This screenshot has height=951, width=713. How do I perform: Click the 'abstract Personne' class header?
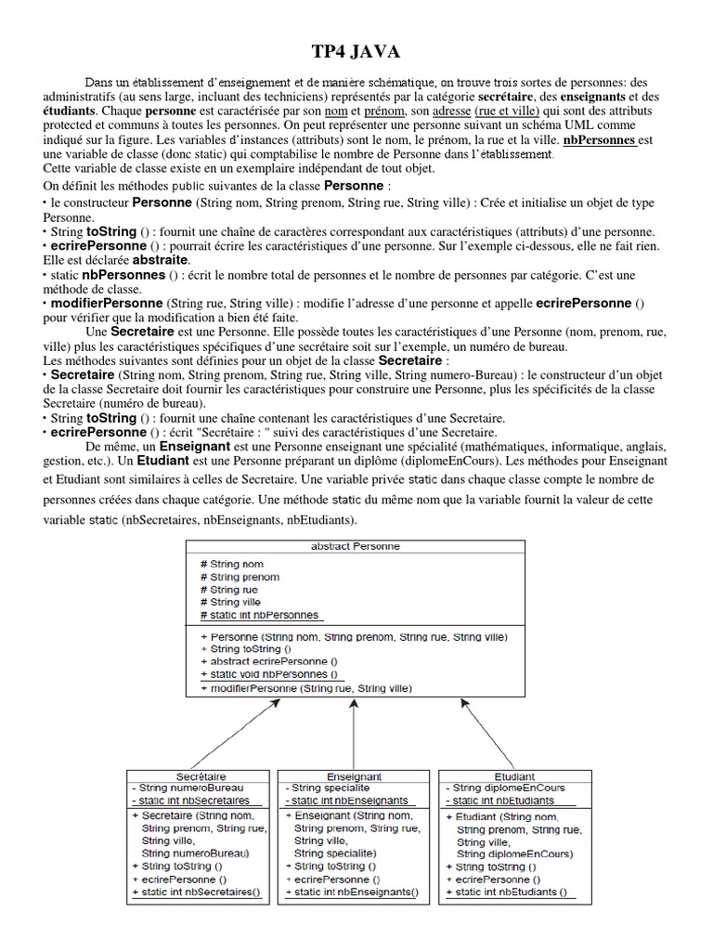pyautogui.click(x=355, y=546)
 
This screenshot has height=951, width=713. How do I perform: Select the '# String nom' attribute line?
pyautogui.click(x=231, y=564)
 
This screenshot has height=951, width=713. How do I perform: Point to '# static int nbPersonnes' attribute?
pyautogui.click(x=259, y=615)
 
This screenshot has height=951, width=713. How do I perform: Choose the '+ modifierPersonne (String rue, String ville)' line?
pyautogui.click(x=305, y=688)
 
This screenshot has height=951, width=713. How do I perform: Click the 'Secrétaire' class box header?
pyautogui.click(x=201, y=775)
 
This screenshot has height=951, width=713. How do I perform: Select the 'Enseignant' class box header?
pyautogui.click(x=355, y=775)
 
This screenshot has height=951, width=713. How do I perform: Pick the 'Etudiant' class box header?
pyautogui.click(x=515, y=775)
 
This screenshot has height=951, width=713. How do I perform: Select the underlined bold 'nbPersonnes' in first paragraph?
pyautogui.click(x=600, y=140)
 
